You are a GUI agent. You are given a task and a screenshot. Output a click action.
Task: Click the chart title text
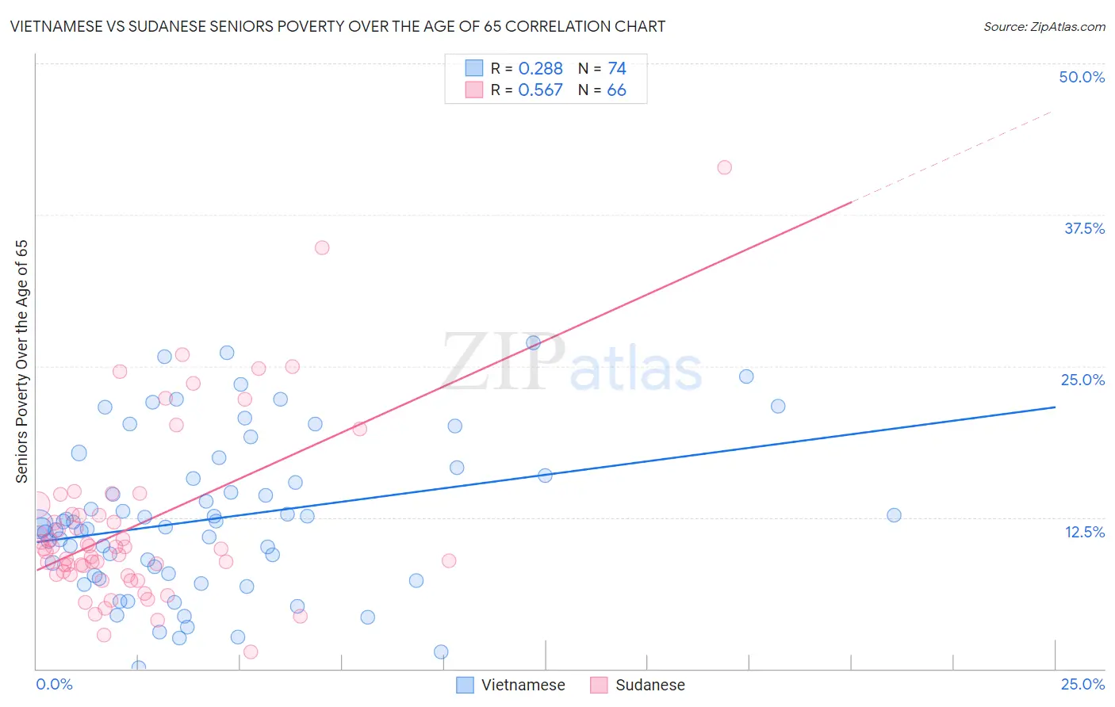pos(337,26)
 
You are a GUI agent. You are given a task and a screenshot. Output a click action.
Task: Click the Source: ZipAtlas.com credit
pos(1044,26)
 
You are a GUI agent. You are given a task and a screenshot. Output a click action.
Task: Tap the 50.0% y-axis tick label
pos(1082,77)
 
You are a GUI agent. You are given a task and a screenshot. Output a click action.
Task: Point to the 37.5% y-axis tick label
pos(1084,228)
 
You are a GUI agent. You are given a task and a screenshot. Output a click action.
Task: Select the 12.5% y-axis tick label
pos(1084,532)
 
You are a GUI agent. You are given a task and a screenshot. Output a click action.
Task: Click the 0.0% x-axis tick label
pos(54,684)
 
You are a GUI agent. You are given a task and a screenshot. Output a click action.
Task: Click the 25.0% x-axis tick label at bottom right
pos(1082,684)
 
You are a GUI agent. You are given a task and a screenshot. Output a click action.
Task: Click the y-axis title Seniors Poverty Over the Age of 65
pos(22,361)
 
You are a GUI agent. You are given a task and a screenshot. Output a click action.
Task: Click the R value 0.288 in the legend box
pos(540,69)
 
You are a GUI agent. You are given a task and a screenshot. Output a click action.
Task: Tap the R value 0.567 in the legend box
pos(540,90)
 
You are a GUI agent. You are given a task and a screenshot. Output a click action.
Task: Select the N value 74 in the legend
pos(616,69)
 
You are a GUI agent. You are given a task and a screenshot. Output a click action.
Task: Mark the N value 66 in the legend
pos(616,90)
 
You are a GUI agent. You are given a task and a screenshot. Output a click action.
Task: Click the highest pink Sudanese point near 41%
pos(724,167)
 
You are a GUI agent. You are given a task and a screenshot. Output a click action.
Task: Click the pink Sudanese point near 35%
pos(322,247)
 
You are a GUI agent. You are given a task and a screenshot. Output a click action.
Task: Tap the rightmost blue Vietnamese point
pos(894,515)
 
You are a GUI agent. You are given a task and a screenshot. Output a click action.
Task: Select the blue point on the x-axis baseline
pos(139,667)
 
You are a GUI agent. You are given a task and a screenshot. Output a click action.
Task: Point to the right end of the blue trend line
pos(1055,407)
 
